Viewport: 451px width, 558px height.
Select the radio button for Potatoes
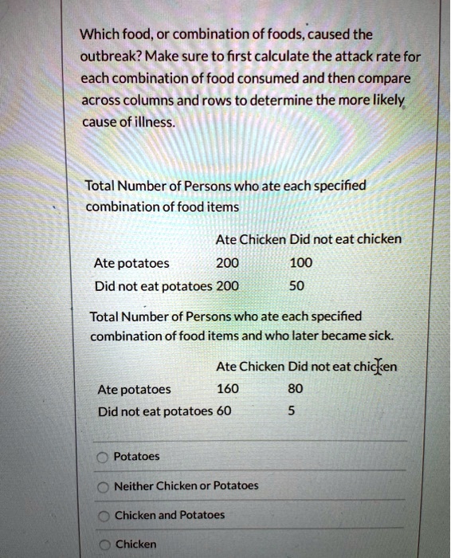pos(103,458)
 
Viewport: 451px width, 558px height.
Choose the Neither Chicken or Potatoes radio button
pos(103,486)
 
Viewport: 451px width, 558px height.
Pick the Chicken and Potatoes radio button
pos(103,516)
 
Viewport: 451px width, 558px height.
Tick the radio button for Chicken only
pos(103,544)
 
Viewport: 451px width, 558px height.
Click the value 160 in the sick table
pos(226,389)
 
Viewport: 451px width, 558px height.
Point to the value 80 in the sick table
pos(294,389)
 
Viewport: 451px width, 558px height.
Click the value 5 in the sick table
pos(291,411)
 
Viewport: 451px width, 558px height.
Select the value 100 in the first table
pos(301,263)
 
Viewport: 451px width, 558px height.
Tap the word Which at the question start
pos(98,35)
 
